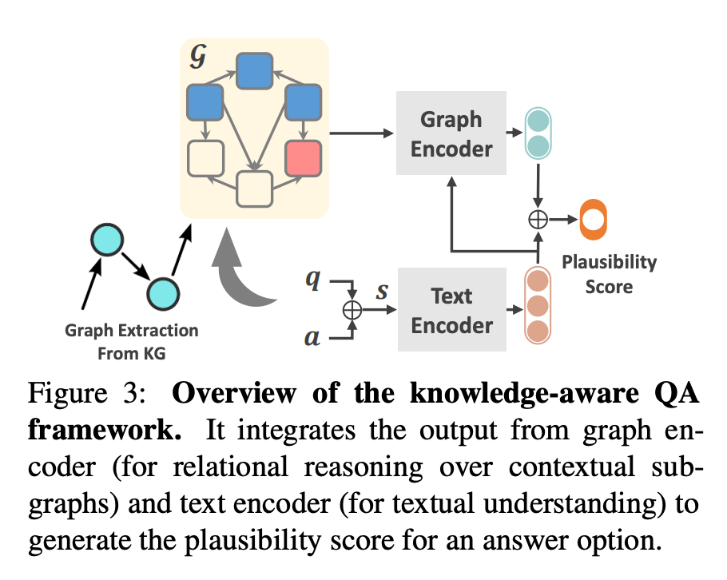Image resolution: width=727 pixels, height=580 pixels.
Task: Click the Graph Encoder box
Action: click(x=451, y=133)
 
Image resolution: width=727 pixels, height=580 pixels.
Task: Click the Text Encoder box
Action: click(x=451, y=310)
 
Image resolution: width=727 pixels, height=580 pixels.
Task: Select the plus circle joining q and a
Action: click(x=352, y=310)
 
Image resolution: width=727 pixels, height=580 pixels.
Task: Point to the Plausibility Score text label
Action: click(x=608, y=273)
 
